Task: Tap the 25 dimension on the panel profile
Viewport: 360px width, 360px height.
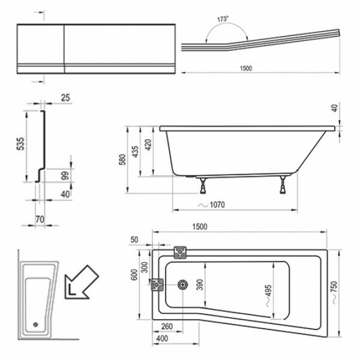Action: click(65, 97)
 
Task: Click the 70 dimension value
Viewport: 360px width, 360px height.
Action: click(40, 220)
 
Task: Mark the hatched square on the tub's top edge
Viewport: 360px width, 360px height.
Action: click(179, 251)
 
